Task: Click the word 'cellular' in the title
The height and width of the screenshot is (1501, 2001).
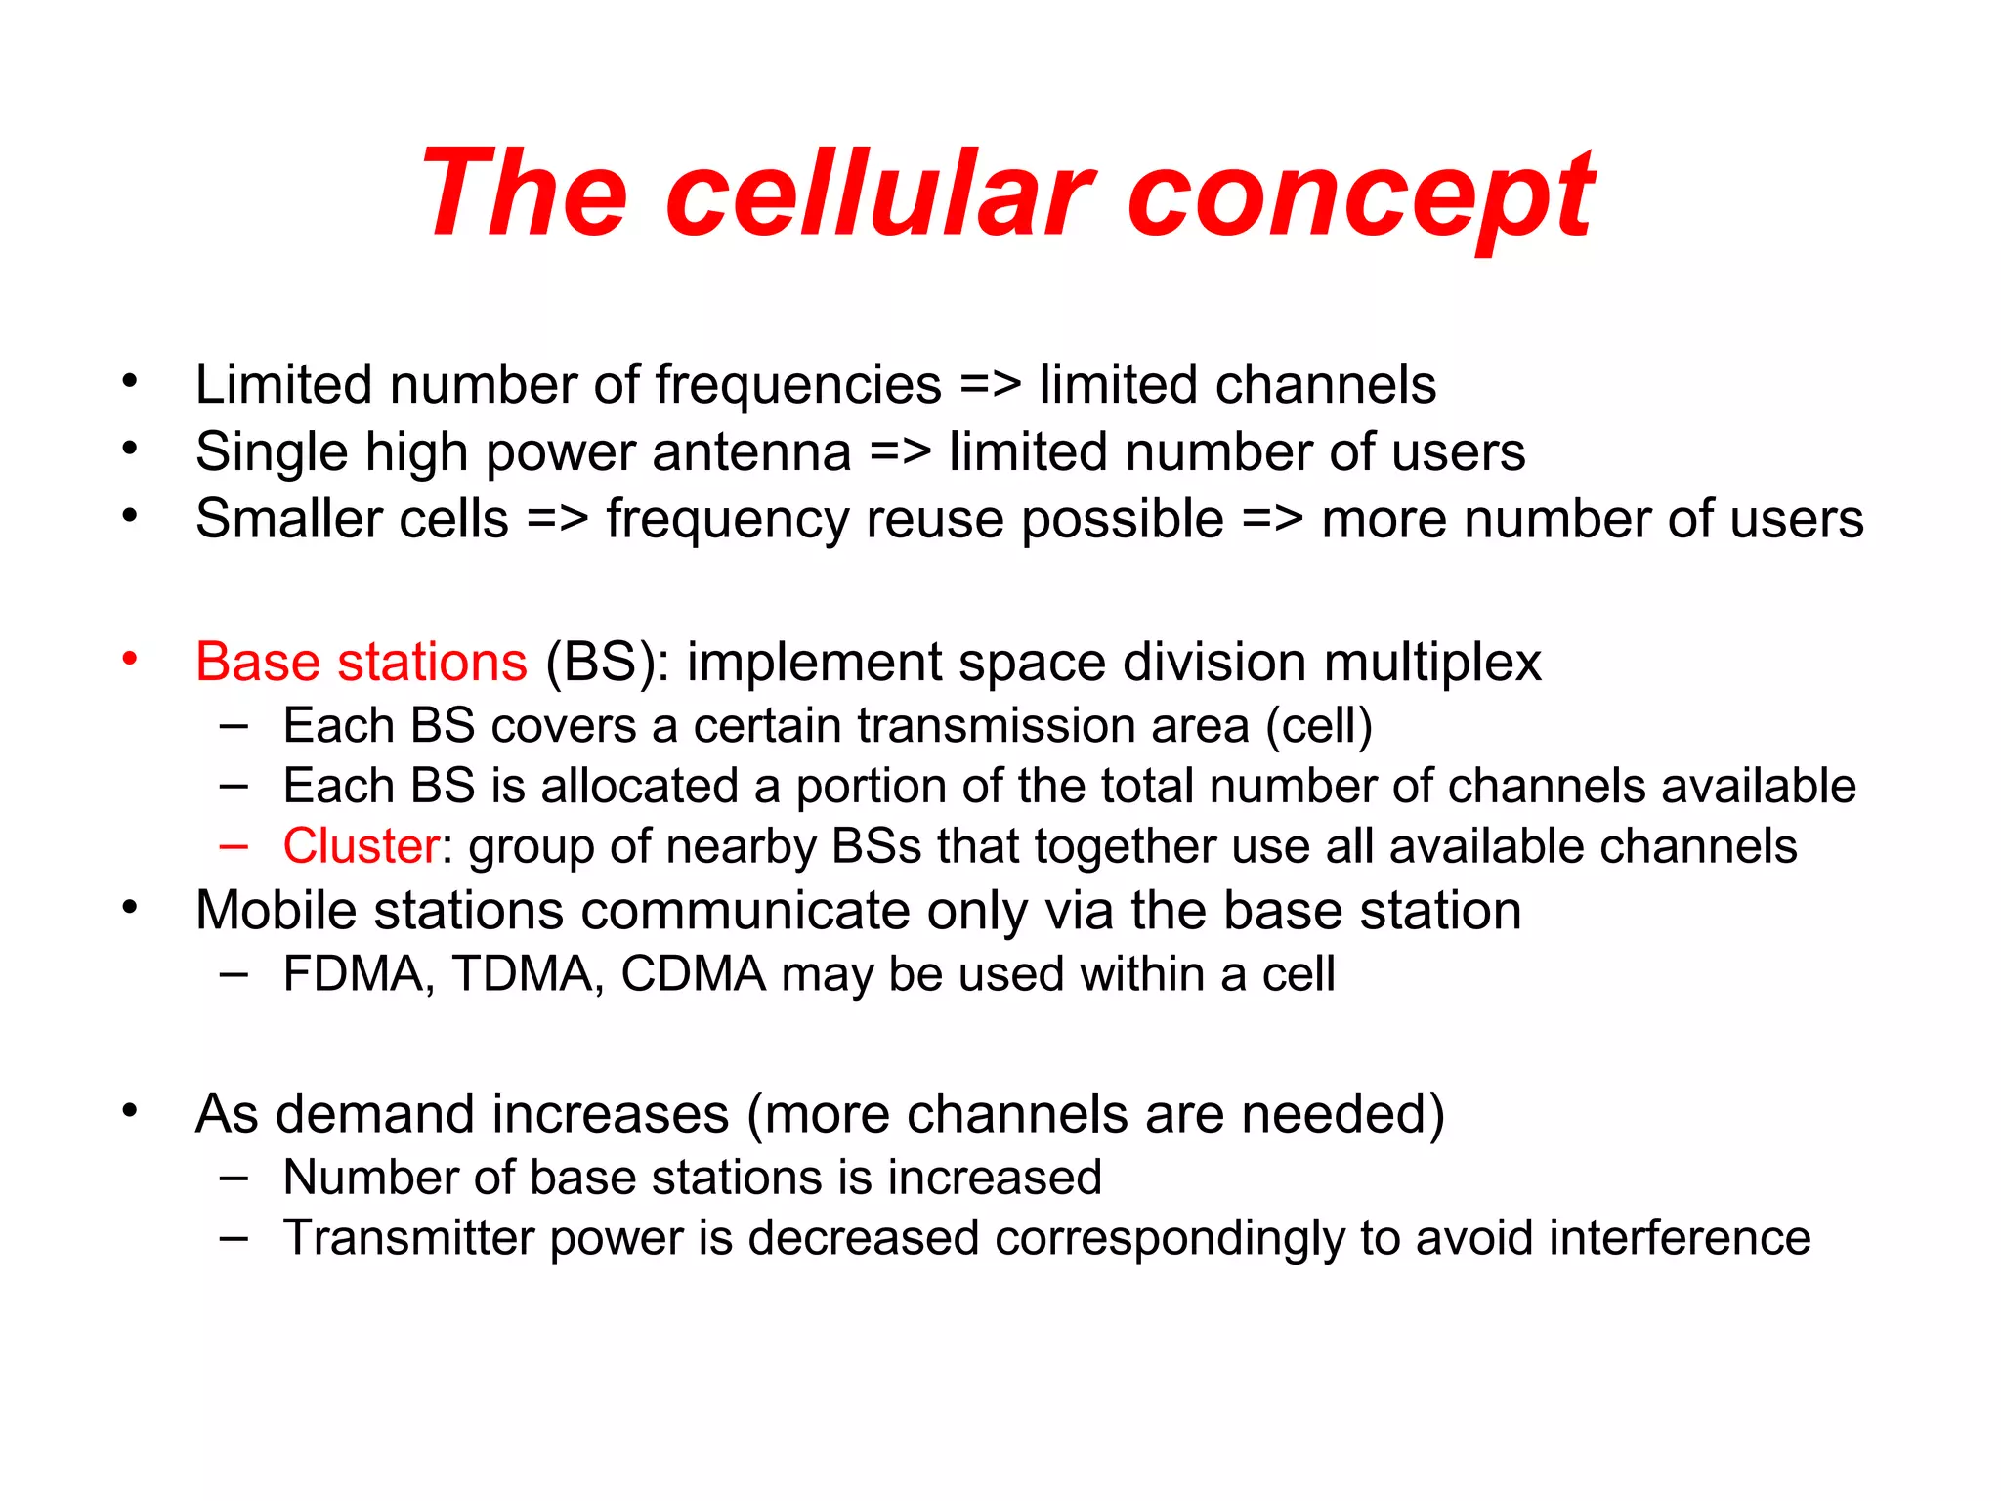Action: point(879,193)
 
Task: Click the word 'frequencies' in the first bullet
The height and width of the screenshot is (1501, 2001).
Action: point(797,385)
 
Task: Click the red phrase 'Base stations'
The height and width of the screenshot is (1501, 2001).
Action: point(361,662)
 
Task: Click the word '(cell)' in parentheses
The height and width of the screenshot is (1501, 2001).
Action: point(1319,726)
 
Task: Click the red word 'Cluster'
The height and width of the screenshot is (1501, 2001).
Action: point(361,846)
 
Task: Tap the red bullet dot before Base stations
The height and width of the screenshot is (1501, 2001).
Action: point(130,660)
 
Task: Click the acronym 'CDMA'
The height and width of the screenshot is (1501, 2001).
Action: point(693,974)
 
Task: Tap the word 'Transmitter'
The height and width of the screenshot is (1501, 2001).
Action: point(407,1238)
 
